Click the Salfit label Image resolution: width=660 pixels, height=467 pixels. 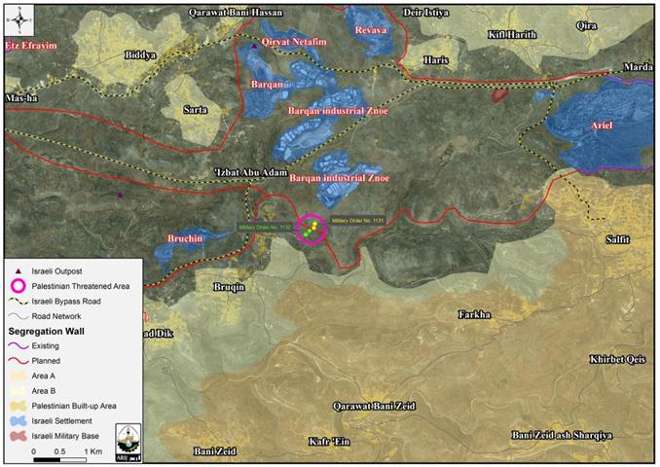(617, 238)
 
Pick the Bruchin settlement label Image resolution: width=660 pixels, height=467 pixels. (184, 237)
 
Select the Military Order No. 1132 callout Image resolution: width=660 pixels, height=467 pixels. (266, 227)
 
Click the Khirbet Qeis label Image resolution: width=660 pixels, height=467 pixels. (617, 359)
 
